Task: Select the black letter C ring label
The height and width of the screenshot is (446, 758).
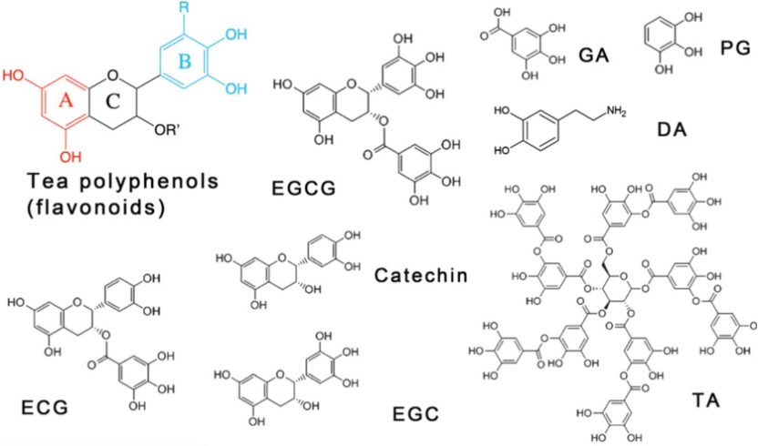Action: click(112, 103)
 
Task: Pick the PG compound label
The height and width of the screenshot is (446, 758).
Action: click(733, 46)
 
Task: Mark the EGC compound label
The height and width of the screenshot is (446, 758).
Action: click(415, 414)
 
